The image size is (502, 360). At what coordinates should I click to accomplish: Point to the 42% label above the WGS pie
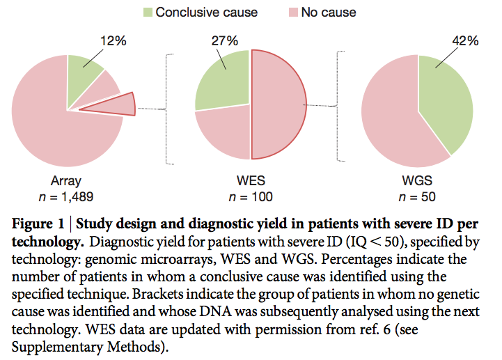[464, 41]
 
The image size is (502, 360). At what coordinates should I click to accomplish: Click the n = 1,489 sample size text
[67, 197]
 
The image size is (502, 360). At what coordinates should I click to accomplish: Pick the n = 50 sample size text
[418, 197]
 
